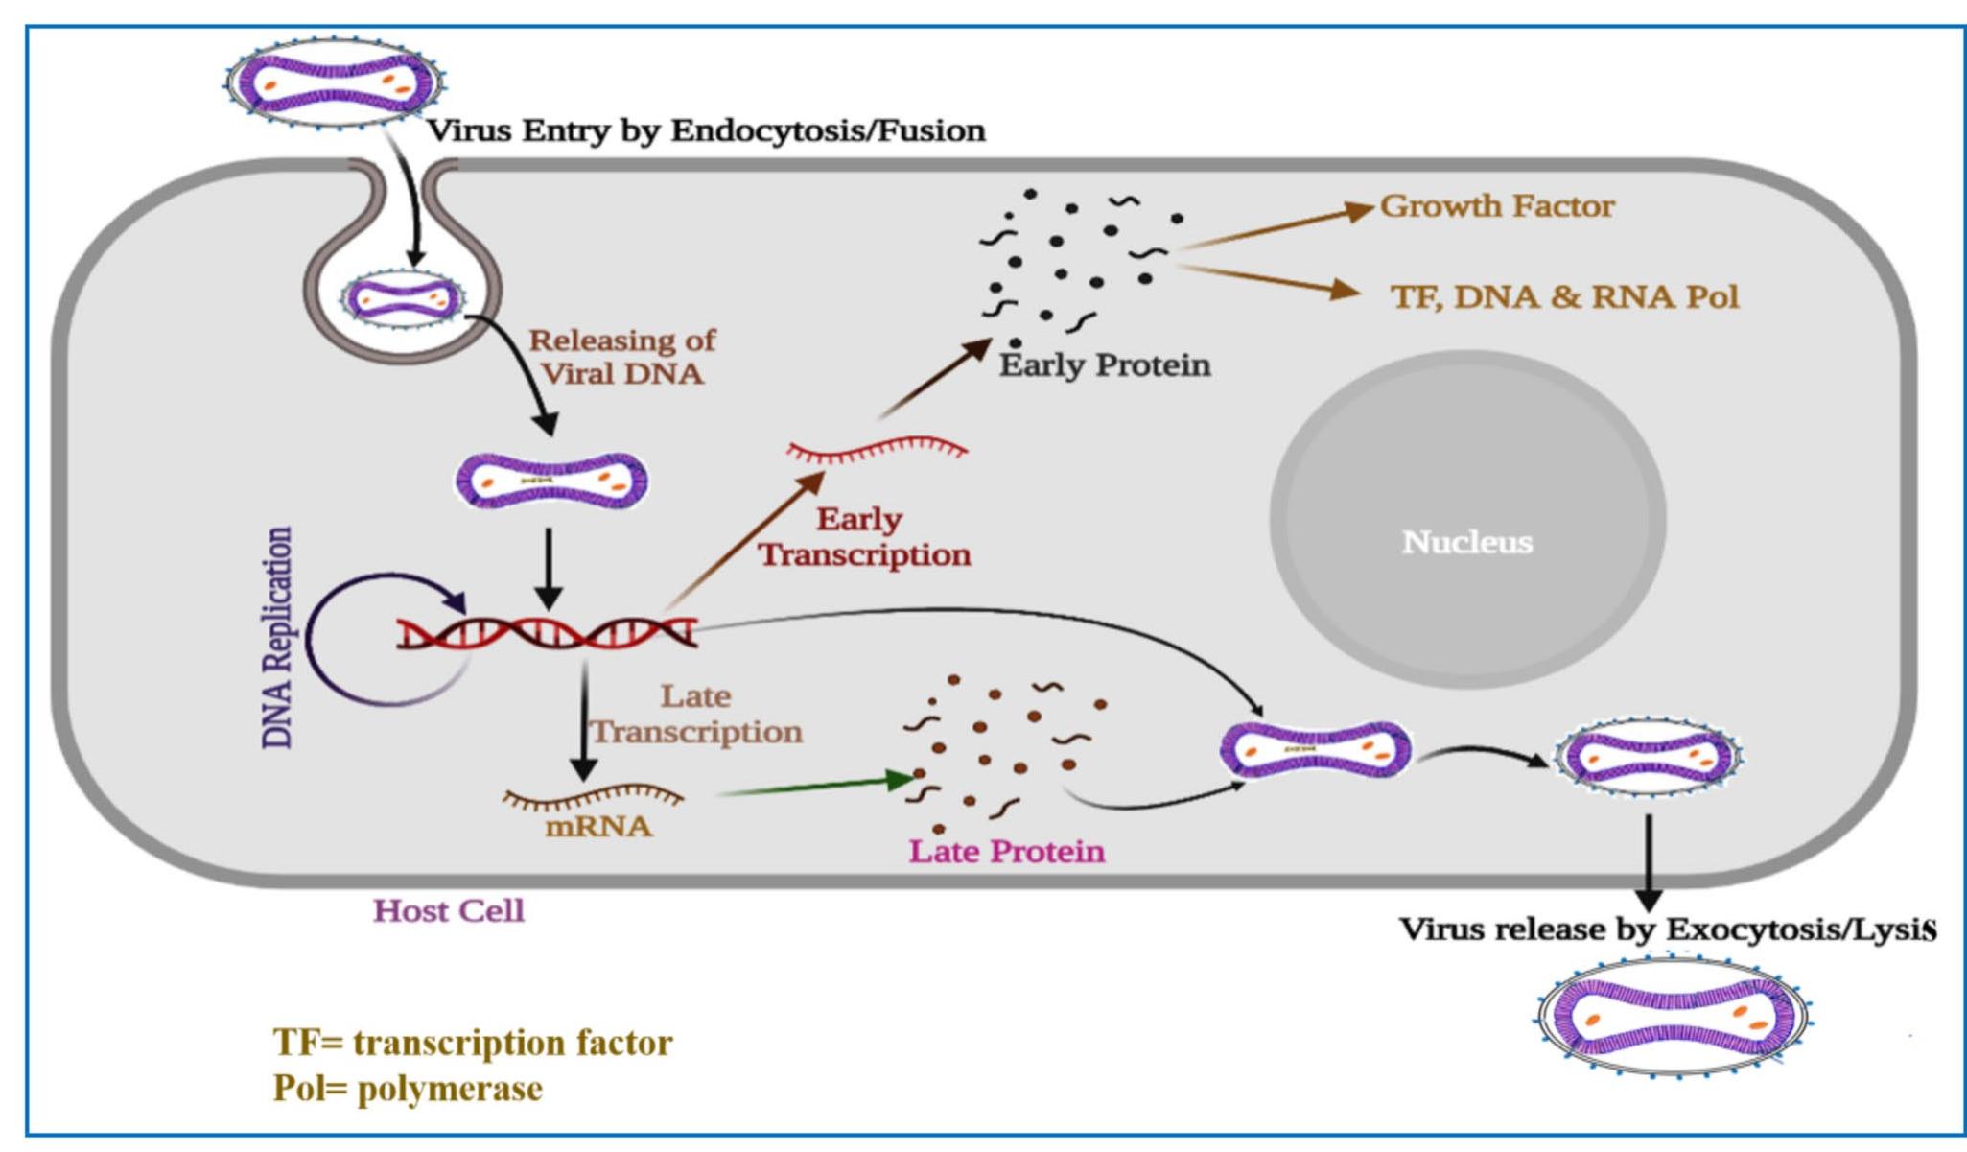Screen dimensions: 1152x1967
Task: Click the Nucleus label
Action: [1466, 542]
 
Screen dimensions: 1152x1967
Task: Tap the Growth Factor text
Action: [1496, 206]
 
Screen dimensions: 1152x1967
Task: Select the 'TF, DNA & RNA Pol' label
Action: [1564, 296]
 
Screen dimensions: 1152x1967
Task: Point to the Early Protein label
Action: [1104, 365]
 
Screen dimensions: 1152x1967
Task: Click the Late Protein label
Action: [1006, 851]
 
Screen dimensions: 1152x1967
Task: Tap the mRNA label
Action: [598, 826]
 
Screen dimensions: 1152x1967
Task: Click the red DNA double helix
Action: [547, 633]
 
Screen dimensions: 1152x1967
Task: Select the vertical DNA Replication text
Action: [277, 637]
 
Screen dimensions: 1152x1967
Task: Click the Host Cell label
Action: [448, 910]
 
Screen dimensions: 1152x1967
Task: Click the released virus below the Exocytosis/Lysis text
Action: [1674, 1018]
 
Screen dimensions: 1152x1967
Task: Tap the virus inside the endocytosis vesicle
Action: [404, 299]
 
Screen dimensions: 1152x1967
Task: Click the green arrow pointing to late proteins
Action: [815, 786]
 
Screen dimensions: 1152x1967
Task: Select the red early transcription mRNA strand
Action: [876, 449]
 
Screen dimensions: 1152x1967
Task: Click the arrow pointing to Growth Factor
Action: [1276, 226]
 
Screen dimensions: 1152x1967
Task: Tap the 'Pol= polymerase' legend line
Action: [408, 1089]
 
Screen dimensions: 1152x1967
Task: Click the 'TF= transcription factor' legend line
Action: [473, 1043]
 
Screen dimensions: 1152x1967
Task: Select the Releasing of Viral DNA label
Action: [622, 357]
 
